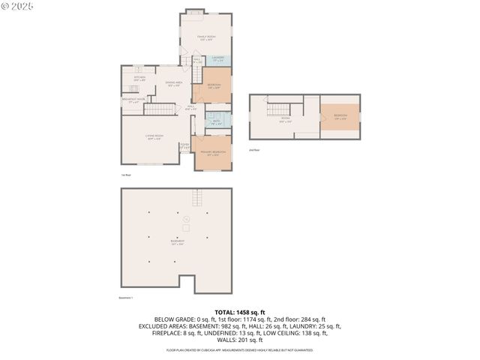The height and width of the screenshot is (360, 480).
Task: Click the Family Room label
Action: point(205,38)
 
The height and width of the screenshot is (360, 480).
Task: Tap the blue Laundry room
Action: point(218,59)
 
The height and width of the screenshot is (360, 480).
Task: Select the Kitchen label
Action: point(139,78)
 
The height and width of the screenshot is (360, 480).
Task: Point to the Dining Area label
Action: point(174,85)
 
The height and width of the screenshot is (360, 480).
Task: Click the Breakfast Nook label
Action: point(133,101)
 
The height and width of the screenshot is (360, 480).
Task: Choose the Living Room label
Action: point(154,137)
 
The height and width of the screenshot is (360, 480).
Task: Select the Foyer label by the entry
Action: point(184,146)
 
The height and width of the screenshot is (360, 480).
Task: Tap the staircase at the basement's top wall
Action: point(198,198)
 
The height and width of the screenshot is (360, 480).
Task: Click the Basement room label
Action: point(177,242)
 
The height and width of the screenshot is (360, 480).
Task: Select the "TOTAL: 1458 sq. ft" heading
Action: point(240,312)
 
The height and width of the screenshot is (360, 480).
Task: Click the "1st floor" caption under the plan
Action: point(126,175)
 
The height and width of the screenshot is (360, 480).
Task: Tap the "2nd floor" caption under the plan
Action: point(254,150)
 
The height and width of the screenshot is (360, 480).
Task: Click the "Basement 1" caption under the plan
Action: point(126,298)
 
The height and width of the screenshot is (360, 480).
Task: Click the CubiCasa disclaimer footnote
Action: point(240,349)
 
